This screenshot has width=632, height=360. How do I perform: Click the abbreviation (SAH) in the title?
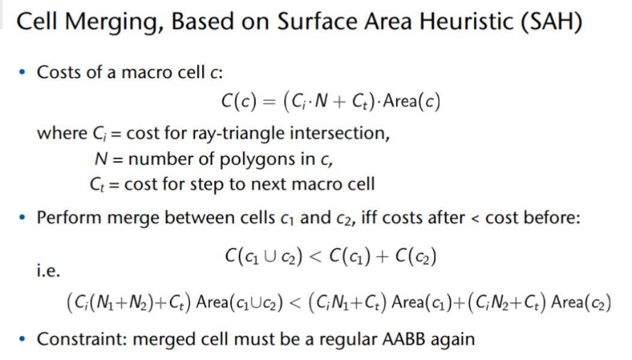[552, 22]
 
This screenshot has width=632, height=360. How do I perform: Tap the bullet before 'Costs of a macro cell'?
[22, 73]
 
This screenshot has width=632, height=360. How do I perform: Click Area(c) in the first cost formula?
[412, 101]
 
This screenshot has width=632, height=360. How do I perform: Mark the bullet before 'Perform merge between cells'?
[22, 218]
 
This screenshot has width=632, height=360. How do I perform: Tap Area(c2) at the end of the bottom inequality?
[581, 302]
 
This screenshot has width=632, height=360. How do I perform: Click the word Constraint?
[82, 340]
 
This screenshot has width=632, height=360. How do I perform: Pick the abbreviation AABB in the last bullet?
[404, 340]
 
